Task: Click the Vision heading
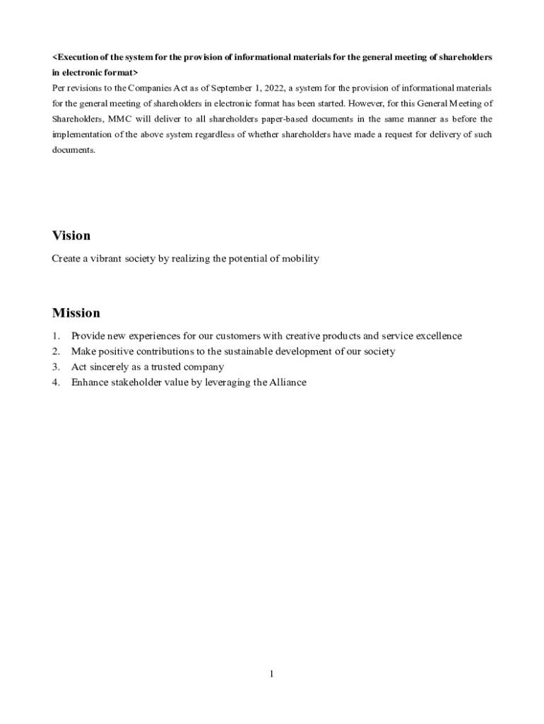(71, 235)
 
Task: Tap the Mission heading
(76, 313)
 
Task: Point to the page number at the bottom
(271, 674)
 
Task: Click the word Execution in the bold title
(81, 57)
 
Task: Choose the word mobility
(300, 259)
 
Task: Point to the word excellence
(437, 336)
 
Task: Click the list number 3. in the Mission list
(56, 367)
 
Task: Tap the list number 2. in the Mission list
(56, 351)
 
